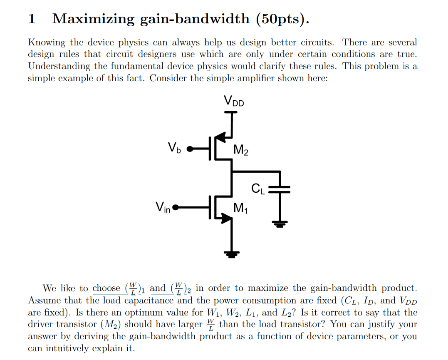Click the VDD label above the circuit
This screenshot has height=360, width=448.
pos(234,101)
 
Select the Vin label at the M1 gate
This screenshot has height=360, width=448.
pos(163,206)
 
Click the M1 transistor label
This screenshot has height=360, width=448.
pos(241,207)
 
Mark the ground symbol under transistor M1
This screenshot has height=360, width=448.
pos(231,252)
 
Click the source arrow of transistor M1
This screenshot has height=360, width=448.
pos(226,218)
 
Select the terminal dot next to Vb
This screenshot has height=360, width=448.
pos(190,149)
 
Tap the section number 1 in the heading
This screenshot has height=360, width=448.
pos(31,19)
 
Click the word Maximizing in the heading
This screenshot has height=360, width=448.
pos(93,19)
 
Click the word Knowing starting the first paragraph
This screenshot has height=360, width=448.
pos(47,42)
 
